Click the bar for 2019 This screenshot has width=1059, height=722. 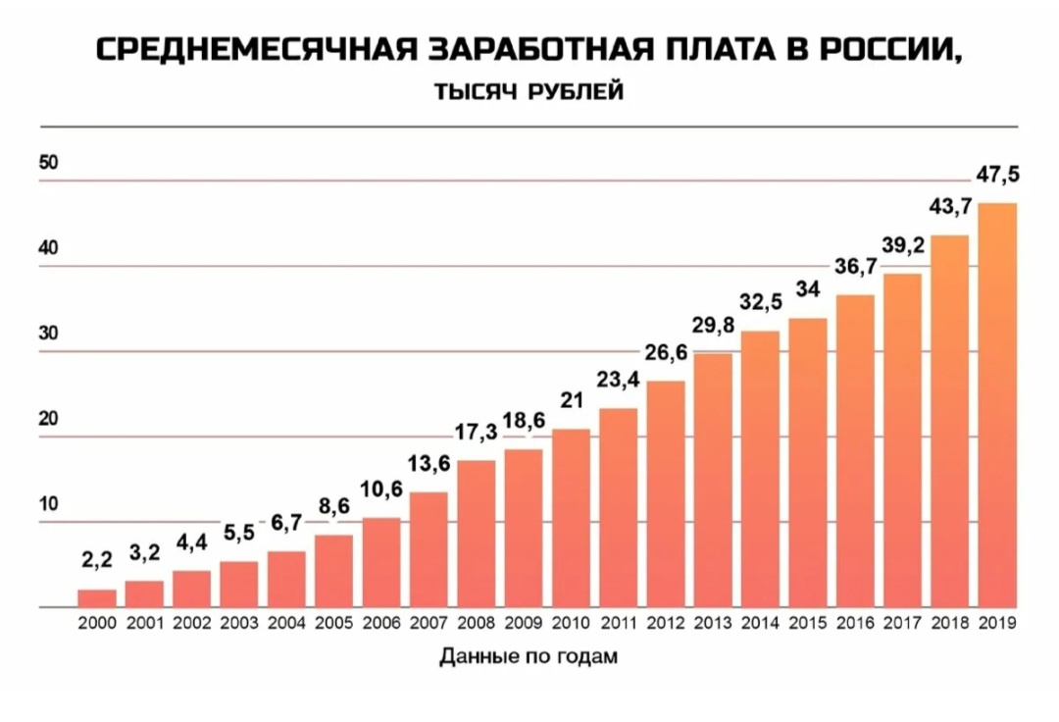point(997,405)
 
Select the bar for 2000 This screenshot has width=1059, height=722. point(97,598)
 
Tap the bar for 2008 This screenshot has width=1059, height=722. point(477,534)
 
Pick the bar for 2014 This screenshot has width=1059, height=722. point(761,469)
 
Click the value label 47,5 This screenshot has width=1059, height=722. point(997,176)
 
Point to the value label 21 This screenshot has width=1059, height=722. point(571,400)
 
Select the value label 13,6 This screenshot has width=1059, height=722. point(429,463)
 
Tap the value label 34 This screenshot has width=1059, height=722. point(808,289)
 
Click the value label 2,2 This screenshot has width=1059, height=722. point(97,560)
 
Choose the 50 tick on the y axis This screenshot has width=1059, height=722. point(49,163)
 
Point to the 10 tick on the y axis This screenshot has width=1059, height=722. point(49,505)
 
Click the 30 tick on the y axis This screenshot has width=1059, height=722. point(49,334)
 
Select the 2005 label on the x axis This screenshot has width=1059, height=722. point(334,623)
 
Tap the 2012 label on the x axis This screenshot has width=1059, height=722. point(666,623)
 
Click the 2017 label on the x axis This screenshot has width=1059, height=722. point(902,623)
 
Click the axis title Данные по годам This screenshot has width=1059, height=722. point(529,657)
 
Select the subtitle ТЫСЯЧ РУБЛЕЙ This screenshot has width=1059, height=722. point(529,92)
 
